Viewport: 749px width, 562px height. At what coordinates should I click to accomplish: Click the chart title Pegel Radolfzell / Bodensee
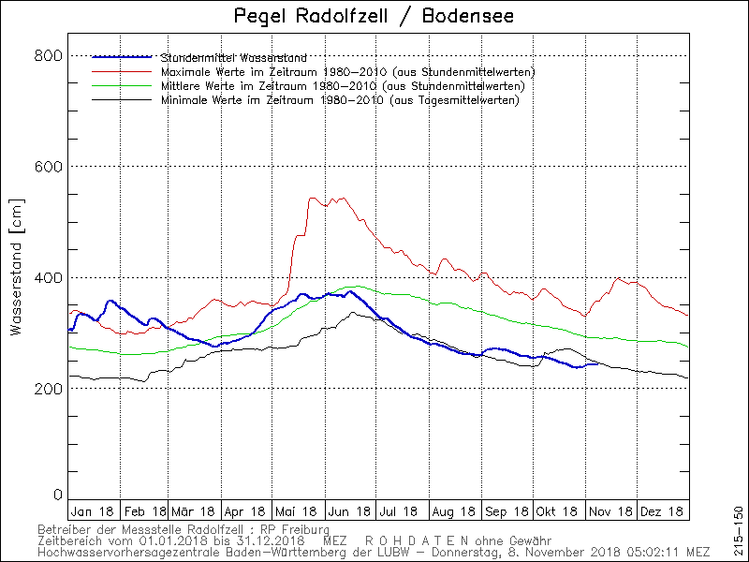[x=374, y=17]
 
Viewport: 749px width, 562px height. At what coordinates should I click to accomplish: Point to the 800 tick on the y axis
[x=50, y=55]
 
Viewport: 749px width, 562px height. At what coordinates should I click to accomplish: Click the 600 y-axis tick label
[x=50, y=167]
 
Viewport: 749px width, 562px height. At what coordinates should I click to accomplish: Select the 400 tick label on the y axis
[x=50, y=277]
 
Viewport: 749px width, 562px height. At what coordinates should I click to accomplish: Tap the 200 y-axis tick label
[x=50, y=389]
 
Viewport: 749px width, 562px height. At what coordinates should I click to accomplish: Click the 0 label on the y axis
[x=57, y=495]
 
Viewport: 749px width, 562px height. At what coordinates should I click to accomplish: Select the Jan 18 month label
[x=93, y=511]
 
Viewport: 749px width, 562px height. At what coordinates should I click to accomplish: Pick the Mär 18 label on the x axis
[x=195, y=511]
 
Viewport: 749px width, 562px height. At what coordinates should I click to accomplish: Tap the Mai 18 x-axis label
[x=298, y=511]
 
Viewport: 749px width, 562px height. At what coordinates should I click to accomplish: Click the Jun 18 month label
[x=350, y=511]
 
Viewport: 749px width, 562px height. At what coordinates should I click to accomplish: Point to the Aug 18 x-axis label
[x=454, y=511]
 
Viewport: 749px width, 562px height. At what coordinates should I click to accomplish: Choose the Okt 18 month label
[x=559, y=511]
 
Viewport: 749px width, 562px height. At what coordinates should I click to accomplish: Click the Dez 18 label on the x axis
[x=663, y=511]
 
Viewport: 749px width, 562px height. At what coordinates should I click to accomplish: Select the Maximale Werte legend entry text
[x=347, y=72]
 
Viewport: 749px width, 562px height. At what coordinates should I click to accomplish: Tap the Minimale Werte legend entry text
[x=340, y=100]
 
